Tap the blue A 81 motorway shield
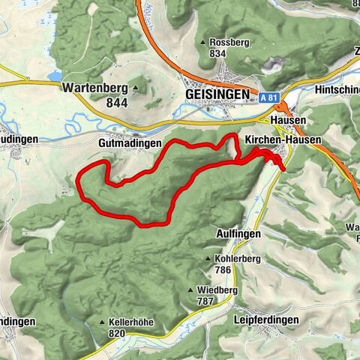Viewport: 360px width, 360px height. pyautogui.click(x=271, y=98)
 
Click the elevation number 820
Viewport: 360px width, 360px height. pyautogui.click(x=115, y=334)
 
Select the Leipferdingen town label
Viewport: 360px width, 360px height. pyautogui.click(x=265, y=319)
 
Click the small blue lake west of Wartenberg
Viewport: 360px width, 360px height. pyautogui.click(x=54, y=76)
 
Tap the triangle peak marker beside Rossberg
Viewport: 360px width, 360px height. pyautogui.click(x=204, y=42)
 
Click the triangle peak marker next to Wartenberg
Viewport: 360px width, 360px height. pyautogui.click(x=135, y=87)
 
